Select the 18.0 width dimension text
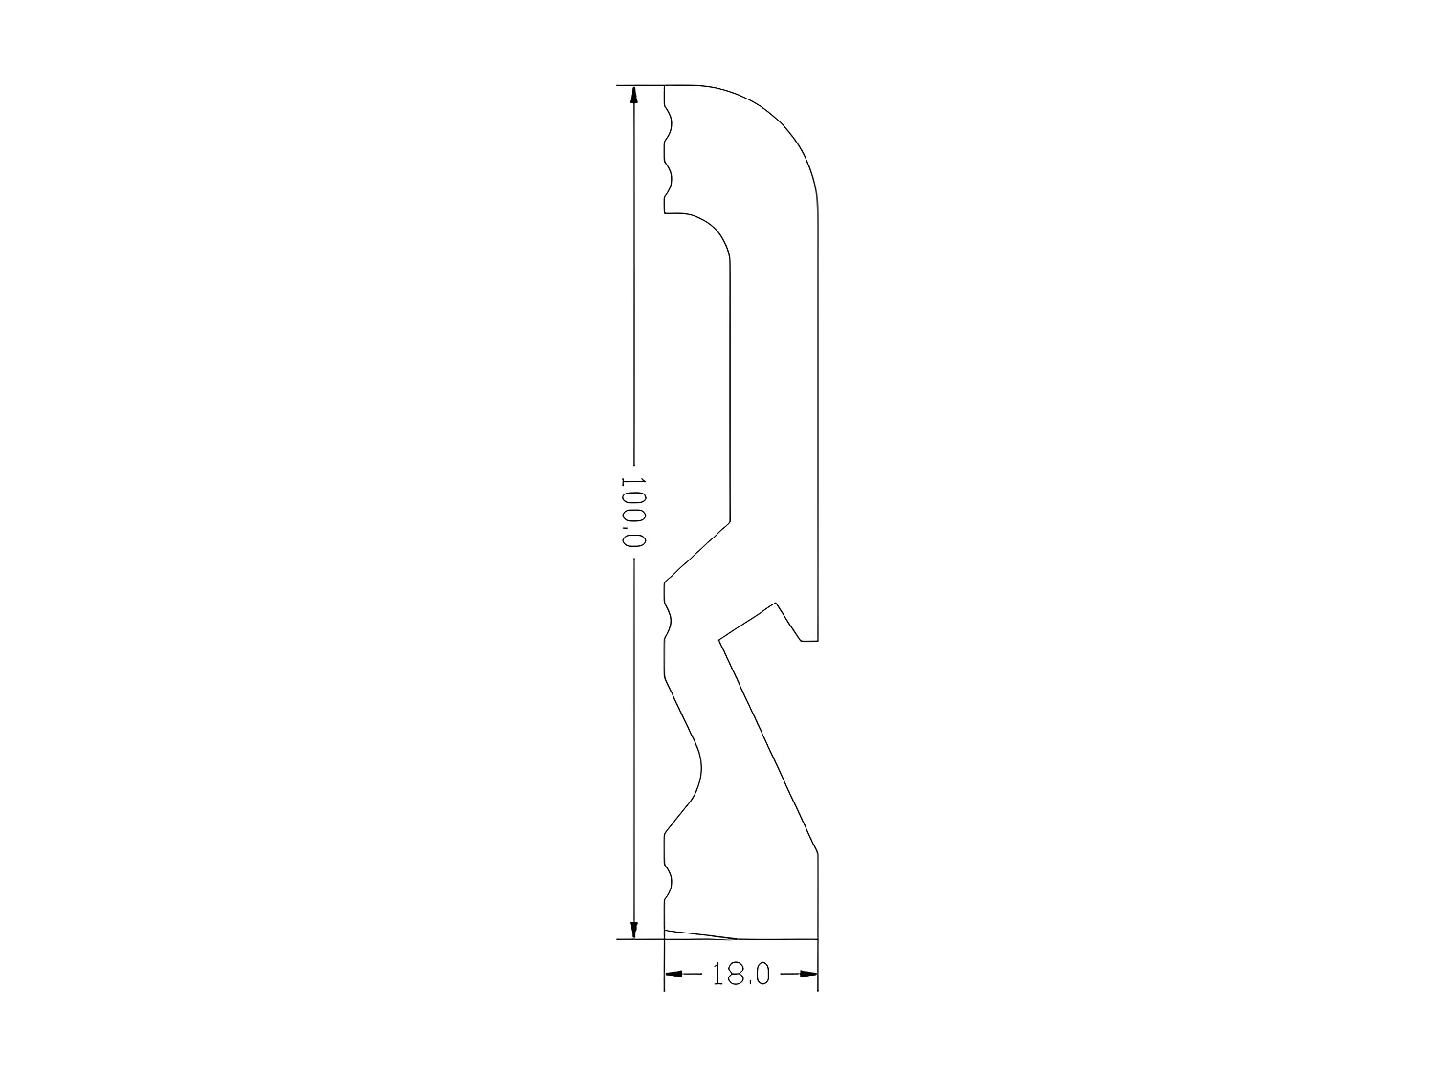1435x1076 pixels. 740,975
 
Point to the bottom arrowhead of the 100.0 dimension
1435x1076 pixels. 632,927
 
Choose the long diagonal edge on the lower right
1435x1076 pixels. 768,746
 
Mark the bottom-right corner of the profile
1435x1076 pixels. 818,938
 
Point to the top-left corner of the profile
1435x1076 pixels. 664,86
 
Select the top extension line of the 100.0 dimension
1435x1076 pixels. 639,86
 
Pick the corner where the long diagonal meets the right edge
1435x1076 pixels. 818,852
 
